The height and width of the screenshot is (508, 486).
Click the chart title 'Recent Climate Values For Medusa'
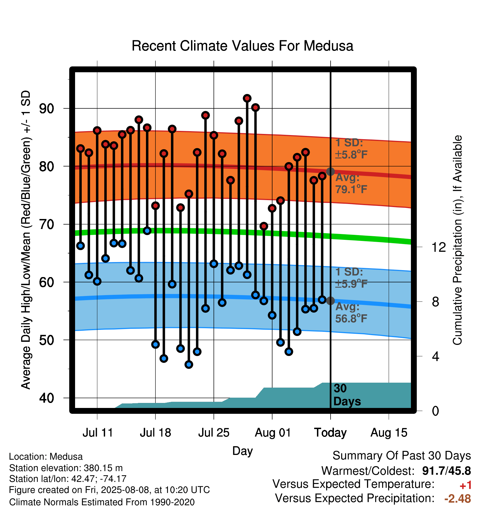(x=242, y=46)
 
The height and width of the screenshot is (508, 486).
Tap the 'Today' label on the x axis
(x=330, y=433)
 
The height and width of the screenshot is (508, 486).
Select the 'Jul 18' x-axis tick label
(x=155, y=433)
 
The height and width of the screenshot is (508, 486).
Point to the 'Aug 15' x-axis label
(x=389, y=433)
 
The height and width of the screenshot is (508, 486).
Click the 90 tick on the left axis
(x=46, y=109)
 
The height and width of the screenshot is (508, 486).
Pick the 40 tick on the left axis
(x=46, y=398)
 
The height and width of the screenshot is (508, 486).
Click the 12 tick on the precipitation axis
(x=439, y=247)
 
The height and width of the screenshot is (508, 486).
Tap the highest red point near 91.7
(x=247, y=98)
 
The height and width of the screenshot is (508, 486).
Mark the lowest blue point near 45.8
(x=189, y=364)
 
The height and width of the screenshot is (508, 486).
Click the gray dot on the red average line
(x=330, y=171)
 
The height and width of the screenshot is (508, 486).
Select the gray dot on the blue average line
(x=330, y=301)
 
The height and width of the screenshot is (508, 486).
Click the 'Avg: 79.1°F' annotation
(x=351, y=183)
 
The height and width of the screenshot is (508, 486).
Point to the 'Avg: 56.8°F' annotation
(x=351, y=312)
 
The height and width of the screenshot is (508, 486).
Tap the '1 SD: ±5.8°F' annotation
(x=351, y=149)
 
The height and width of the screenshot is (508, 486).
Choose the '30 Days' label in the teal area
(x=347, y=395)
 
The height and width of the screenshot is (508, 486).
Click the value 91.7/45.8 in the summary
(x=447, y=471)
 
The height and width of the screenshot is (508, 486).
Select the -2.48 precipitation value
(x=458, y=499)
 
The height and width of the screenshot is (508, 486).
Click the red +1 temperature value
(x=465, y=485)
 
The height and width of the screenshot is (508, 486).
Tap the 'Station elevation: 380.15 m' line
(x=66, y=468)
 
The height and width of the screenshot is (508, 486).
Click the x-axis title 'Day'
(x=242, y=451)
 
